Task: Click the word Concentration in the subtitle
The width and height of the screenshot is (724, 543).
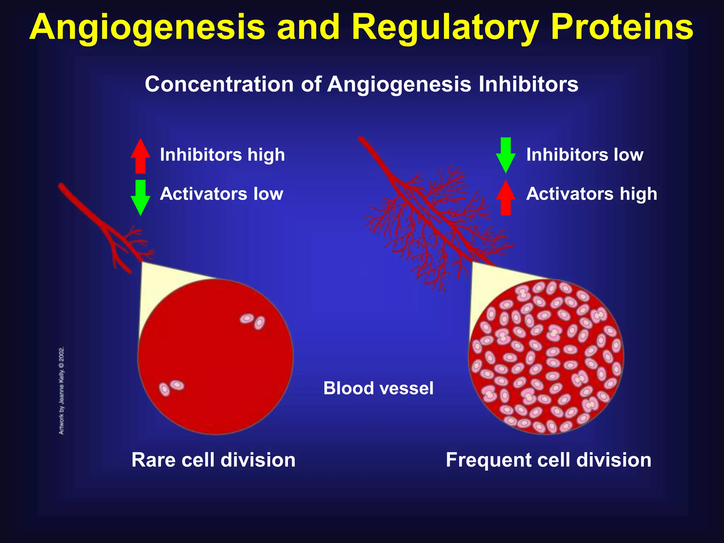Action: [219, 84]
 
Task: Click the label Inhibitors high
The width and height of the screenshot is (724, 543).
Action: [222, 155]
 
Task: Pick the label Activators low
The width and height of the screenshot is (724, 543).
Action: [221, 194]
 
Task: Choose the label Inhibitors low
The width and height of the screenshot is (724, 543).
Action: [585, 155]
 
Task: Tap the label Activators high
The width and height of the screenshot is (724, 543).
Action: [591, 194]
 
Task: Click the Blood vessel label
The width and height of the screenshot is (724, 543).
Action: [378, 388]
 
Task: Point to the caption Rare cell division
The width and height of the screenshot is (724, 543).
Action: [213, 460]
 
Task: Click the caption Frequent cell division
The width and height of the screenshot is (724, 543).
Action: [548, 460]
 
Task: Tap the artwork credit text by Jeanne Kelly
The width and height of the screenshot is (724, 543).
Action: [62, 391]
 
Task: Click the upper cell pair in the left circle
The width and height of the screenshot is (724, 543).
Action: [253, 321]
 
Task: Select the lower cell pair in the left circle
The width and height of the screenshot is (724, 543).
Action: [171, 387]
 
